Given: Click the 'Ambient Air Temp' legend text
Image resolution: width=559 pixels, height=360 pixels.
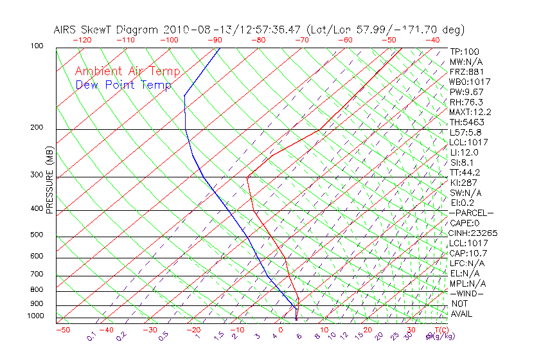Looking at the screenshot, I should (127, 71).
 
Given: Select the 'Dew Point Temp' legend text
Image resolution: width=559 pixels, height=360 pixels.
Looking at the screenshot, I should (123, 85).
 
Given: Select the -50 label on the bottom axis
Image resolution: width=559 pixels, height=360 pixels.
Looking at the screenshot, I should (62, 330).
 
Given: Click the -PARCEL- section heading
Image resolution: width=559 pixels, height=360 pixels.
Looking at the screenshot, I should (471, 213).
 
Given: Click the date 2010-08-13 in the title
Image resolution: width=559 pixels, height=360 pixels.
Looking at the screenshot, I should (195, 30).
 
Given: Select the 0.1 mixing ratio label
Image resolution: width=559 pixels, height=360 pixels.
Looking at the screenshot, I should (91, 336).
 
